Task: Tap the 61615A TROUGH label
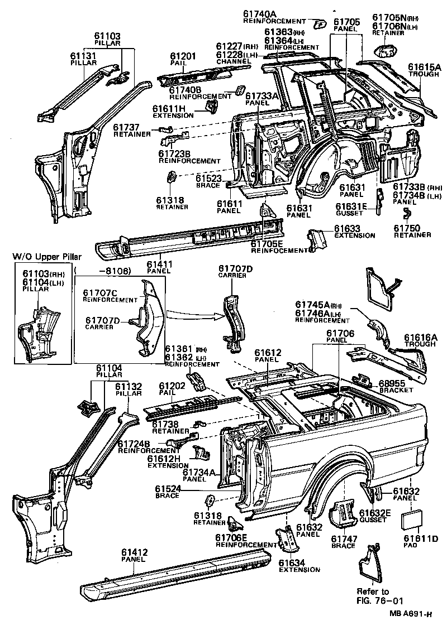424,70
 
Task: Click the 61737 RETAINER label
132,131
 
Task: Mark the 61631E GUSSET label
351,209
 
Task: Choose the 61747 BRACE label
343,542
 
